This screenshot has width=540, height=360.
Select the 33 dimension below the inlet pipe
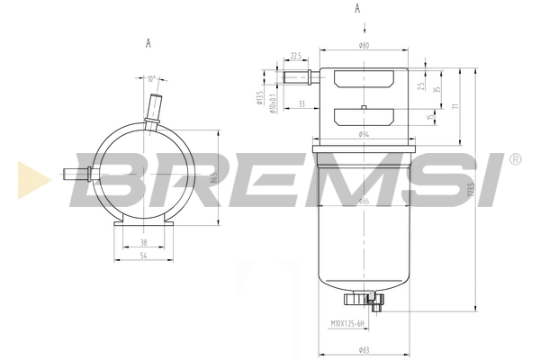[x=300, y=104]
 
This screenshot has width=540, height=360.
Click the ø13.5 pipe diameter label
[x=259, y=99]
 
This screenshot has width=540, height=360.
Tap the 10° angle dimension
[x=150, y=78]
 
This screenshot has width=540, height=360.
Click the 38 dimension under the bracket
[x=144, y=242]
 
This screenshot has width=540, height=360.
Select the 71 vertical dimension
[x=456, y=106]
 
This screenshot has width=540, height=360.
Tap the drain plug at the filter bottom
[x=364, y=299]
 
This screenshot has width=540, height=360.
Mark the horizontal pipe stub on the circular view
[x=76, y=174]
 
